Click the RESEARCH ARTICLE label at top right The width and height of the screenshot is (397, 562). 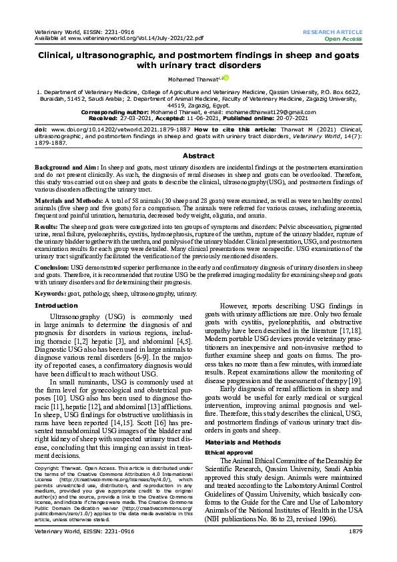click(332, 32)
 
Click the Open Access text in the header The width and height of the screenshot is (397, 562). click(343, 39)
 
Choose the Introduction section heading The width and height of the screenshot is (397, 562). click(56, 305)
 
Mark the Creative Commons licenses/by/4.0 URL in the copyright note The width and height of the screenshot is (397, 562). click(107, 479)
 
